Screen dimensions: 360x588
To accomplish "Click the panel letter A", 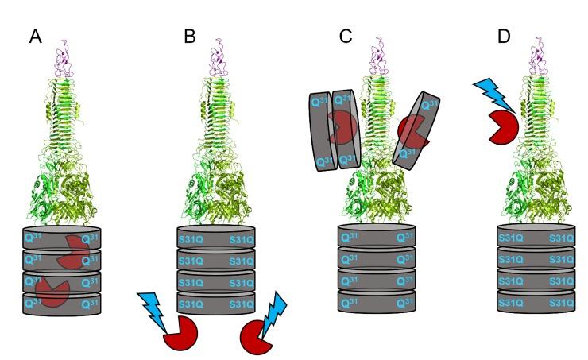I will click(35, 37).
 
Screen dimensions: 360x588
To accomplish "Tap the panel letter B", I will click(190, 37).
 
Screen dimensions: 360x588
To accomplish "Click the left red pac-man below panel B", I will click(178, 335).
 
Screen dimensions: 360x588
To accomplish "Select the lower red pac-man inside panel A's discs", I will click(52, 291).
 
